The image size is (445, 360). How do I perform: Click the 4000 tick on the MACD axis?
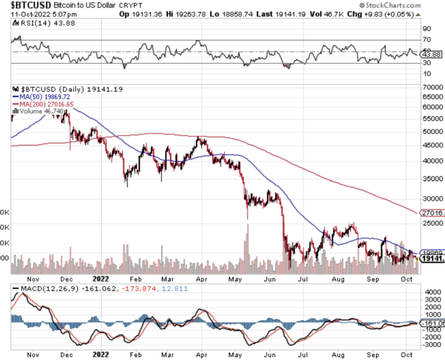(x=430, y=292)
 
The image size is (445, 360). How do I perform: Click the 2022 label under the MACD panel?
(x=101, y=354)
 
